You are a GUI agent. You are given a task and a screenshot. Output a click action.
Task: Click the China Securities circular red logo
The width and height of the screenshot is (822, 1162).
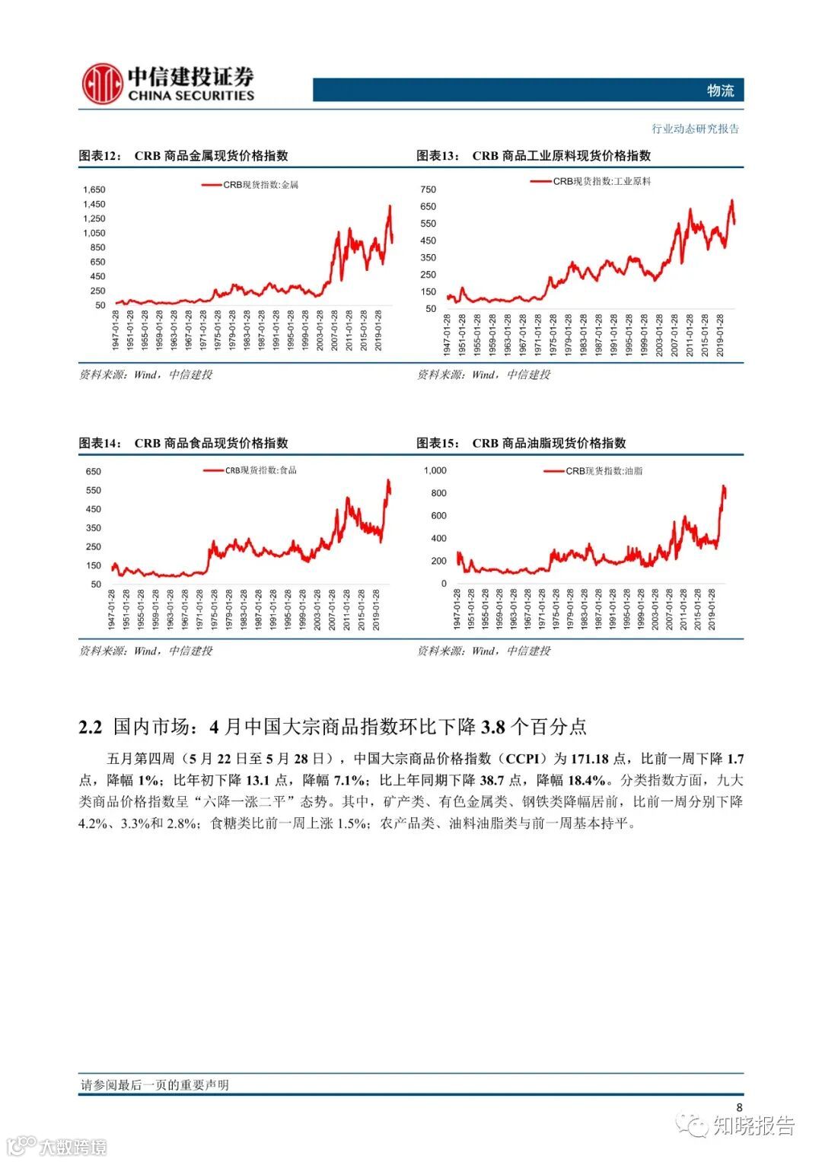tap(102, 83)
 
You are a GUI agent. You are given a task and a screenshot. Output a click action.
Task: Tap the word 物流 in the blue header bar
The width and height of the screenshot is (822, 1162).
tap(719, 91)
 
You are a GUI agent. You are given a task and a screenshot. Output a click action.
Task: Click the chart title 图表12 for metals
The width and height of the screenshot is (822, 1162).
tap(183, 156)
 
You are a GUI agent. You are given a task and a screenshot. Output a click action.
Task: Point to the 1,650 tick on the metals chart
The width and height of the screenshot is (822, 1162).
tap(94, 190)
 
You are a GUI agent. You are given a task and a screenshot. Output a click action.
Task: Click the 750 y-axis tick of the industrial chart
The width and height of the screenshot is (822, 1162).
tap(428, 189)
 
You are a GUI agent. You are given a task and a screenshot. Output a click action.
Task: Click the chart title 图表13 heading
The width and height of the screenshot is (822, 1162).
tap(534, 156)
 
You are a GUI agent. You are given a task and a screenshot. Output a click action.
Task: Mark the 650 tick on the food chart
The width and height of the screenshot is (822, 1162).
tap(93, 472)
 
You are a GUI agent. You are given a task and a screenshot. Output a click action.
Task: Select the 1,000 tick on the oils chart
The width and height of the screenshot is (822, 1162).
tap(435, 470)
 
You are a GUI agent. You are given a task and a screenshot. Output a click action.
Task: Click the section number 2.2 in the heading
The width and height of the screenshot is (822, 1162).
tap(90, 727)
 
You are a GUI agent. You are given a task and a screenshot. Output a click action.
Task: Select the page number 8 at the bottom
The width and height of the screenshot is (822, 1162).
tap(739, 1107)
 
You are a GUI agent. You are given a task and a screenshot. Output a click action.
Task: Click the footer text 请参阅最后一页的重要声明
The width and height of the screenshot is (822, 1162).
tap(155, 1085)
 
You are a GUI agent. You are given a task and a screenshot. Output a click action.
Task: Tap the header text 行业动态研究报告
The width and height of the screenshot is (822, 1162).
tap(695, 129)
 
